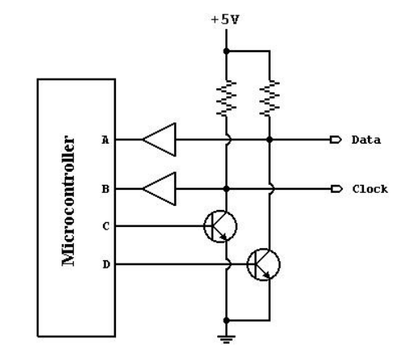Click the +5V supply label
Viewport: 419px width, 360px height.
pyautogui.click(x=225, y=19)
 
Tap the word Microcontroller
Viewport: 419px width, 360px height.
pyautogui.click(x=68, y=201)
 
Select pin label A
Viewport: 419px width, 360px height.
pyautogui.click(x=105, y=140)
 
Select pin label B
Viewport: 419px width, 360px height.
pyautogui.click(x=105, y=189)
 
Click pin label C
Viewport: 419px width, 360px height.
pyautogui.click(x=106, y=226)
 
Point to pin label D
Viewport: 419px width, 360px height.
pyautogui.click(x=106, y=264)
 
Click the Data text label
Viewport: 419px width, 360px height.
pyautogui.click(x=366, y=140)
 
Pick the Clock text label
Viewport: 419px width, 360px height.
pyautogui.click(x=370, y=189)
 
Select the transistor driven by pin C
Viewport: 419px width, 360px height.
pyautogui.click(x=220, y=226)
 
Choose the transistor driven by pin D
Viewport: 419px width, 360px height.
pyautogui.click(x=263, y=264)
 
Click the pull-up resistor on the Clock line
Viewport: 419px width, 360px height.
pyautogui.click(x=226, y=98)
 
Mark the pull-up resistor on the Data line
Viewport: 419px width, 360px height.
pyautogui.click(x=270, y=98)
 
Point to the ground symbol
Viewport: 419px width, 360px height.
pyautogui.click(x=226, y=339)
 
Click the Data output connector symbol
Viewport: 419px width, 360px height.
pyautogui.click(x=336, y=139)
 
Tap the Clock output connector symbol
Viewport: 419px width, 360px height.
pyautogui.click(x=336, y=189)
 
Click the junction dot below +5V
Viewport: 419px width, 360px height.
pyautogui.click(x=226, y=51)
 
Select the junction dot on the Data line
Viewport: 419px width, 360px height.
pyautogui.click(x=269, y=139)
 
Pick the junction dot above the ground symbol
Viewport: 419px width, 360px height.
pyautogui.click(x=226, y=320)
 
